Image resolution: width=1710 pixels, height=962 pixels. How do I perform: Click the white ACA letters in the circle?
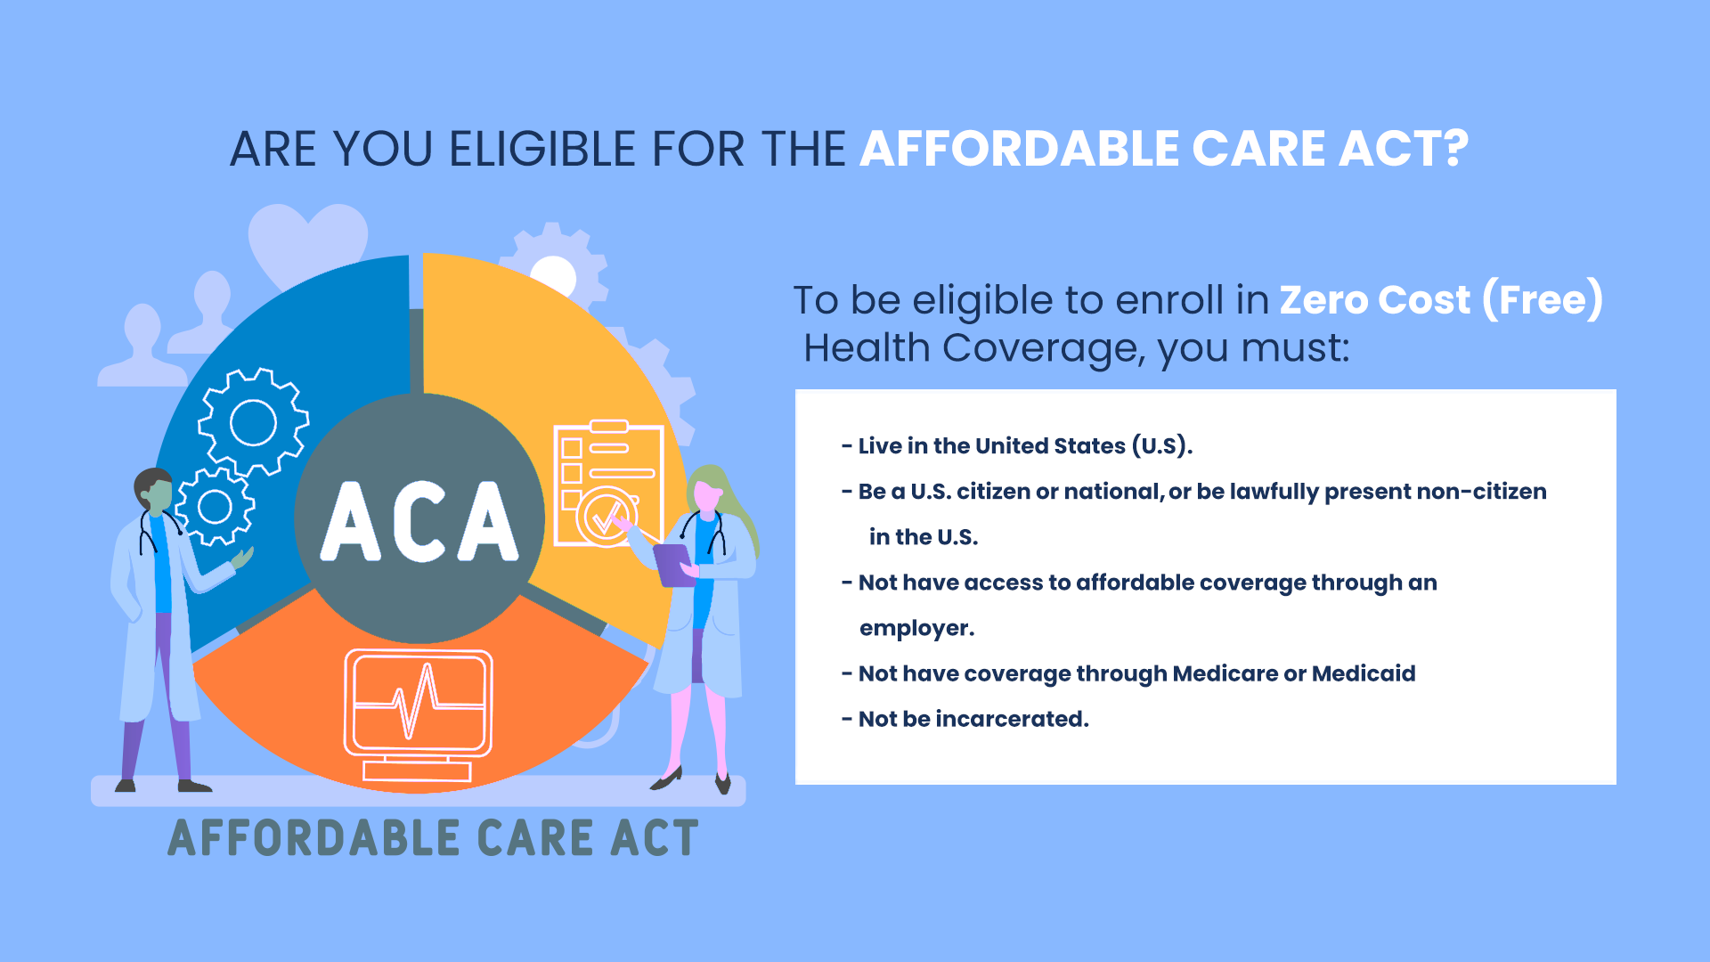click(x=419, y=522)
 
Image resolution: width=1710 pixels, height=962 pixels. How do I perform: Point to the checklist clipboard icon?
click(x=608, y=484)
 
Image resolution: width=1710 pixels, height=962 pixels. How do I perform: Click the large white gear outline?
click(x=253, y=421)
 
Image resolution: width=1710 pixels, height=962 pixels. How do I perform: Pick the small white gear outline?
click(x=215, y=506)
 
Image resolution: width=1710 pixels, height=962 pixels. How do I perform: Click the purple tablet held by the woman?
click(x=674, y=564)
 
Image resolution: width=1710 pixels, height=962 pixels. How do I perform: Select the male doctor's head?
click(x=154, y=492)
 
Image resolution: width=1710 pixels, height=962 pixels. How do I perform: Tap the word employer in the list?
click(x=916, y=629)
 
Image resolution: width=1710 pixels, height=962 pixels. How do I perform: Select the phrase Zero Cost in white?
click(x=1375, y=300)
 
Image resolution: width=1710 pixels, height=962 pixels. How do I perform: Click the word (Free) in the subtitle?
click(x=1543, y=300)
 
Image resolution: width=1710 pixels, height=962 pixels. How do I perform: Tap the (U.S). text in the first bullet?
click(x=1162, y=446)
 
